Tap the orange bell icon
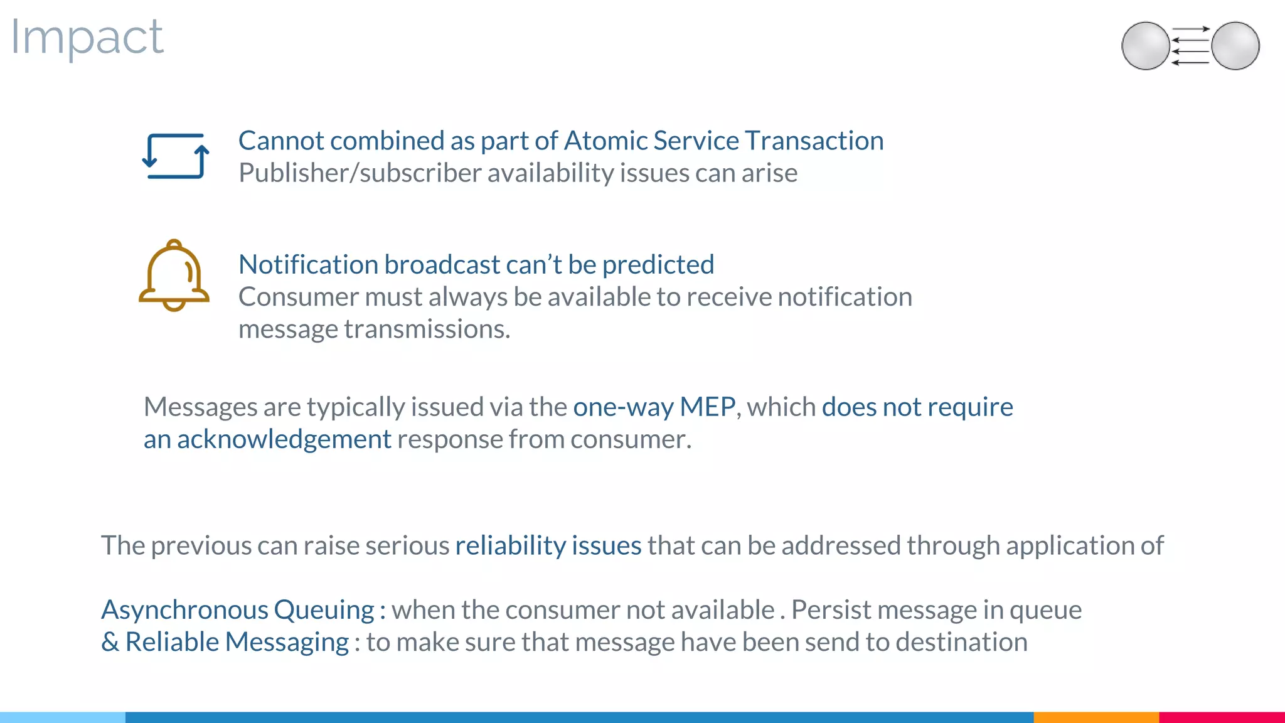tap(174, 276)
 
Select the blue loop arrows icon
tap(175, 156)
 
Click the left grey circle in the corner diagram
tap(1145, 46)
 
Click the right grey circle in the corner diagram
tap(1235, 46)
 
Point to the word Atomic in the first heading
tap(605, 141)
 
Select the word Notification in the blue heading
tap(307, 264)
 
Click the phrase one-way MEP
tap(654, 407)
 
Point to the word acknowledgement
tap(284, 439)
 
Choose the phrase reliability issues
tap(548, 545)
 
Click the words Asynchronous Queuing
tap(238, 610)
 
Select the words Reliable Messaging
tap(237, 642)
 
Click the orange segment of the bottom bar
tap(1096, 717)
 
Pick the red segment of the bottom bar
tap(1222, 717)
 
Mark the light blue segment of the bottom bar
tap(63, 717)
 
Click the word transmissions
tap(427, 329)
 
